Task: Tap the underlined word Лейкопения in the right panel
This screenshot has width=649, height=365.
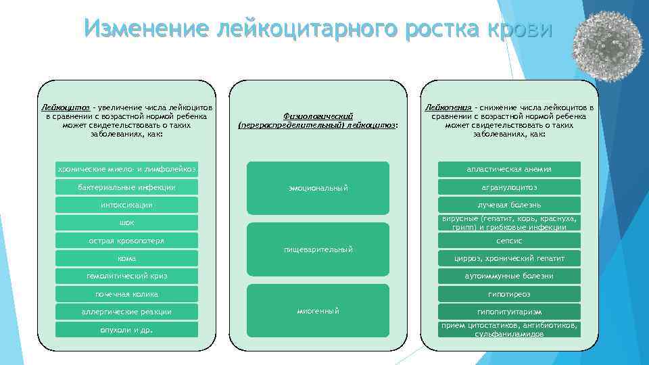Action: [447, 107]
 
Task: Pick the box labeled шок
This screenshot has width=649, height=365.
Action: [126, 222]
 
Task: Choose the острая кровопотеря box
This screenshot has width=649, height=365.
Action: [126, 241]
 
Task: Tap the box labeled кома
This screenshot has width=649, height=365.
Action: [126, 258]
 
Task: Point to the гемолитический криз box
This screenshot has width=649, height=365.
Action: [126, 276]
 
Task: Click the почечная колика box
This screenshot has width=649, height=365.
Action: [126, 294]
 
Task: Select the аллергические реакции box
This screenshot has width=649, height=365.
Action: [126, 312]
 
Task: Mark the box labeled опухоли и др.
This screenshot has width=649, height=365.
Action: [126, 330]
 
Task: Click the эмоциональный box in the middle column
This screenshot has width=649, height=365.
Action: [318, 187]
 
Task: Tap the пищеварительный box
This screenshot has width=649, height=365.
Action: [318, 249]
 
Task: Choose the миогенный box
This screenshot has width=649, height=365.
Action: [318, 311]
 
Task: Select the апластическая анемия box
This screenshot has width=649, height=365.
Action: [509, 169]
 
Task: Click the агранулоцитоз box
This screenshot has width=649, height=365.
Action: [509, 187]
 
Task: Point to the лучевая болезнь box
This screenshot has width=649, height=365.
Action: [509, 205]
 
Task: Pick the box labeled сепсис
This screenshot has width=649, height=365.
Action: [509, 241]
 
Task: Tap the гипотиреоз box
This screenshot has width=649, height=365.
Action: [509, 294]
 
